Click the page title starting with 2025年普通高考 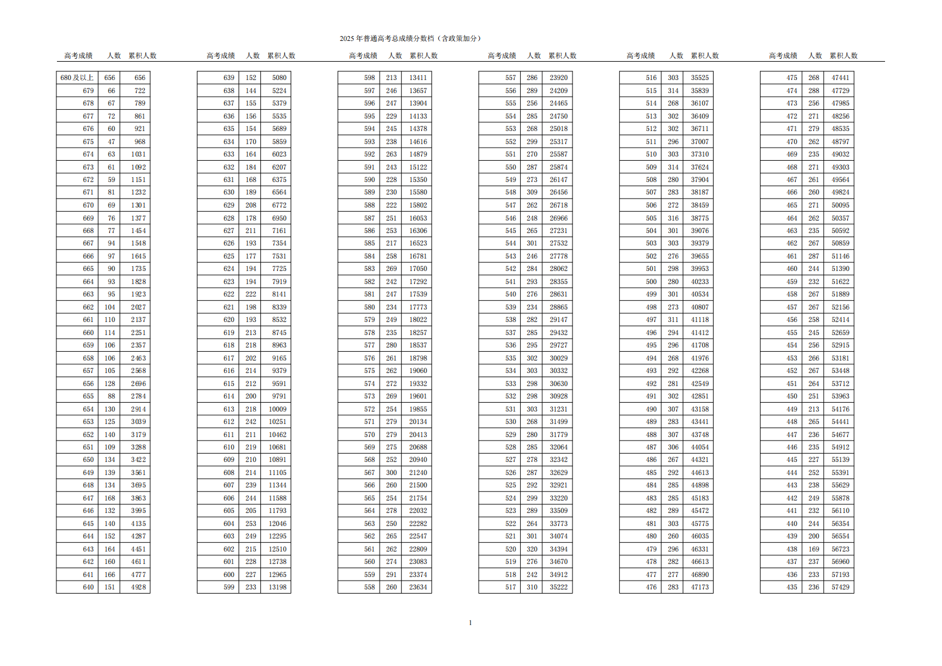click(410, 39)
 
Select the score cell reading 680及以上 click(77, 78)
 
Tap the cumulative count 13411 click(418, 78)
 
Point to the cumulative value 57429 click(840, 587)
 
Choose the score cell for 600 click(229, 575)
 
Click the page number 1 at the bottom click(470, 623)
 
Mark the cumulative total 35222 click(558, 587)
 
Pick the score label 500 click(651, 282)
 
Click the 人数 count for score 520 click(532, 549)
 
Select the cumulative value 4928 click(138, 587)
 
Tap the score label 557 click(511, 78)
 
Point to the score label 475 click(792, 78)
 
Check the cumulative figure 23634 click(418, 587)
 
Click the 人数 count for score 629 click(251, 205)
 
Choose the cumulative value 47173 click(699, 587)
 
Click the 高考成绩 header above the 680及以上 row click(78, 56)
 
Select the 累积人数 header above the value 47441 click(844, 56)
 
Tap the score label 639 click(229, 78)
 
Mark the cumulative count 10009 click(278, 409)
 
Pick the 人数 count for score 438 click(814, 549)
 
